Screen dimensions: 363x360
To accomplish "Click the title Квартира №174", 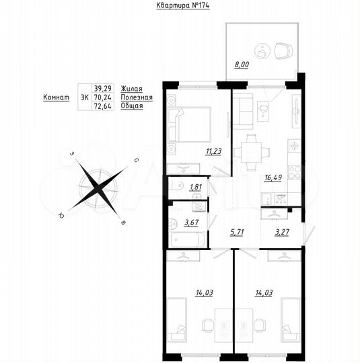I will point(180,7).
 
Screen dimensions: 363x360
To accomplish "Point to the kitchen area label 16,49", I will point(275,179).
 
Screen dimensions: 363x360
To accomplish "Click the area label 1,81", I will point(196,188).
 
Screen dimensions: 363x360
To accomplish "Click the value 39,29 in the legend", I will point(103,88).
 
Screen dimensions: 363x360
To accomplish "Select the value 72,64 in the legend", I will point(103,107).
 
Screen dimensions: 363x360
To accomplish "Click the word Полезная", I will point(137,97).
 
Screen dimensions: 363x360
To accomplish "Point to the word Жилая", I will point(131,88).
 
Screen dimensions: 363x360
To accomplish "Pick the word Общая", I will point(132,107).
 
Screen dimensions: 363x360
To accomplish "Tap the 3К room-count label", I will point(84,97).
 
